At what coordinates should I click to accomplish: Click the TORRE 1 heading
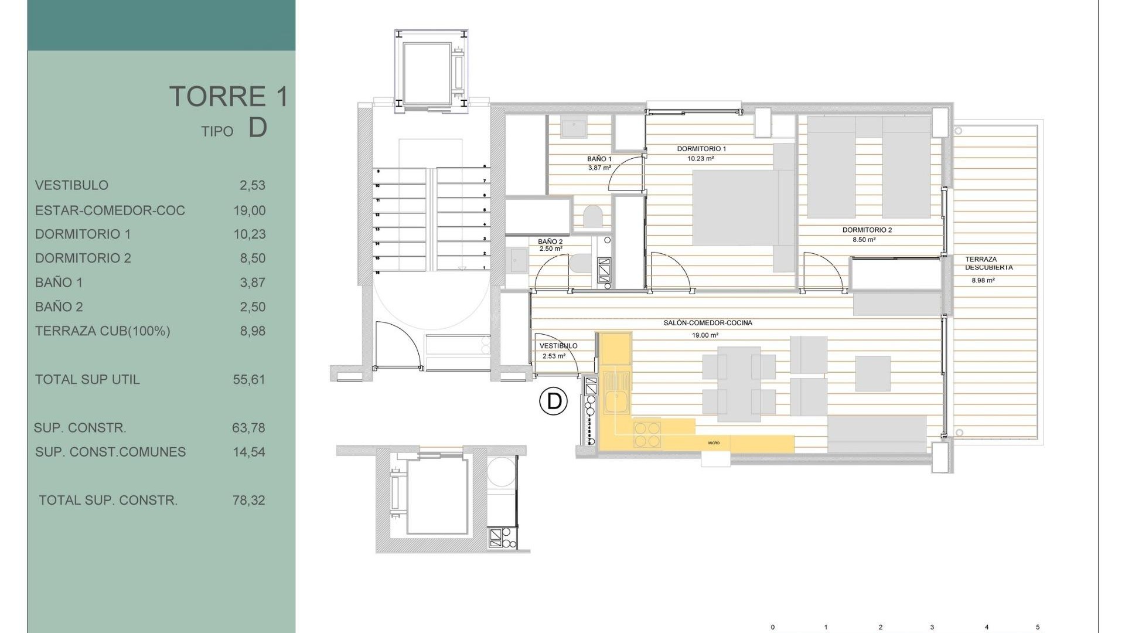click(x=229, y=97)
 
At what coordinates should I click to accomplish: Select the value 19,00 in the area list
click(x=250, y=210)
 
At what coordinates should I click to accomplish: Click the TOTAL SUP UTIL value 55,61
click(x=249, y=380)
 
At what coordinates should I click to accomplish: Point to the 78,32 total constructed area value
click(x=249, y=501)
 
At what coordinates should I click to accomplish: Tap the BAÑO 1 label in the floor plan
click(x=599, y=159)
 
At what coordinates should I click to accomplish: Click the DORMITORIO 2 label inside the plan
click(x=867, y=230)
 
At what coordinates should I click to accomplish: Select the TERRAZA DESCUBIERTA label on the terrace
click(x=988, y=263)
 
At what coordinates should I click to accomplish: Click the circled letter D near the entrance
click(x=553, y=401)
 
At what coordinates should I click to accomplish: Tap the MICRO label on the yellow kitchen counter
click(x=713, y=443)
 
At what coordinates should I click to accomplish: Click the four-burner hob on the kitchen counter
click(x=647, y=434)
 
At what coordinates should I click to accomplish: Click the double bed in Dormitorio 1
click(x=735, y=207)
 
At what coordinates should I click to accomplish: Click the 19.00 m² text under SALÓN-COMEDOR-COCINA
click(x=705, y=336)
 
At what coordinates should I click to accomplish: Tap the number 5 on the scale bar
click(x=1038, y=627)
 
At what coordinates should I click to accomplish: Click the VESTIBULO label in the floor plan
click(x=558, y=346)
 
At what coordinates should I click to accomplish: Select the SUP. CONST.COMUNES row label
click(x=110, y=452)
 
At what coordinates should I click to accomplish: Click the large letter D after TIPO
click(x=258, y=128)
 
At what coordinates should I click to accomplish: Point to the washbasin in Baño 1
click(x=573, y=127)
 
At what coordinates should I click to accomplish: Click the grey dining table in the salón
click(x=739, y=384)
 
